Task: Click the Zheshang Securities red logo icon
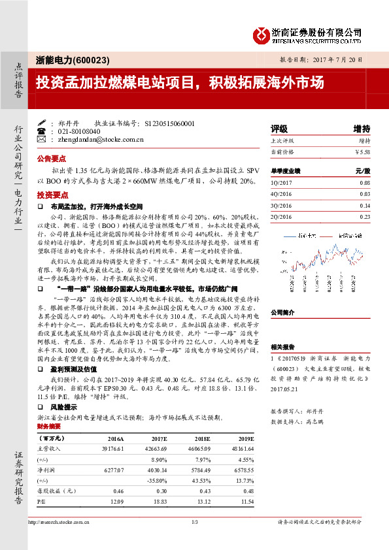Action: pyautogui.click(x=261, y=33)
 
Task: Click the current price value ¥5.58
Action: pyautogui.click(x=362, y=152)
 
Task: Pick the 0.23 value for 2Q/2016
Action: pyautogui.click(x=365, y=217)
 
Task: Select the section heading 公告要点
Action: pyautogui.click(x=52, y=159)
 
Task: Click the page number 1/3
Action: pyautogui.click(x=194, y=522)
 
